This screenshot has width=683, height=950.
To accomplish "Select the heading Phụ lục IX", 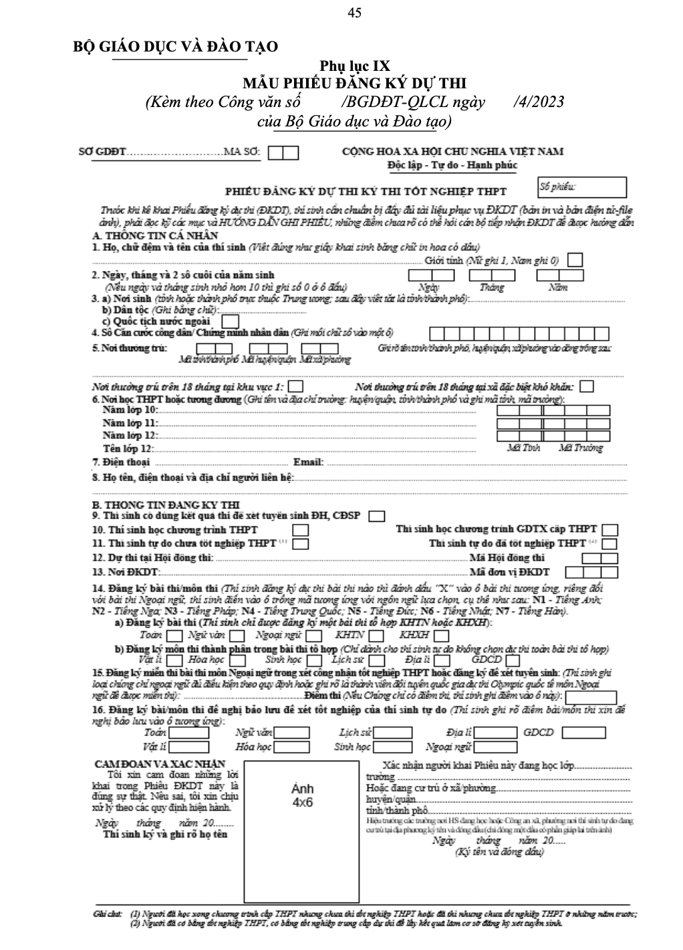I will [x=354, y=66].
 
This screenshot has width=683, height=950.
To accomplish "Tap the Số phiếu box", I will [x=582, y=187].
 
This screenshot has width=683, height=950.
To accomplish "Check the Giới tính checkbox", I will [x=575, y=260].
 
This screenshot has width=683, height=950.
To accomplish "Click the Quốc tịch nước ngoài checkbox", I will [x=229, y=321].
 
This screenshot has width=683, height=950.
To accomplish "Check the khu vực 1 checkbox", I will [x=296, y=387].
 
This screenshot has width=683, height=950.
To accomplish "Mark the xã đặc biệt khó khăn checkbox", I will [x=587, y=387].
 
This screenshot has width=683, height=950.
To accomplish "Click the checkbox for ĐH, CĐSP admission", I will [x=377, y=516].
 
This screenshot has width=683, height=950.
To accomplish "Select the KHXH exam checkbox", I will [x=440, y=636].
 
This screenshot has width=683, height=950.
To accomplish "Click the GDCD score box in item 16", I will [x=583, y=733].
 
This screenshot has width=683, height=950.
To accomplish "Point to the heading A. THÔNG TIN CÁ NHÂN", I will [x=155, y=235].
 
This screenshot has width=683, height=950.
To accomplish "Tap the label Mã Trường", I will [x=579, y=448].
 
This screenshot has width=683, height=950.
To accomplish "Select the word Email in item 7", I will [x=309, y=462].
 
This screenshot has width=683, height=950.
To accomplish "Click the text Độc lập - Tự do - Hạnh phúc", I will [x=452, y=165].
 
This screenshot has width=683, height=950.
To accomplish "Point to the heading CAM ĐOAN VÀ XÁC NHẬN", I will [x=160, y=764].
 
